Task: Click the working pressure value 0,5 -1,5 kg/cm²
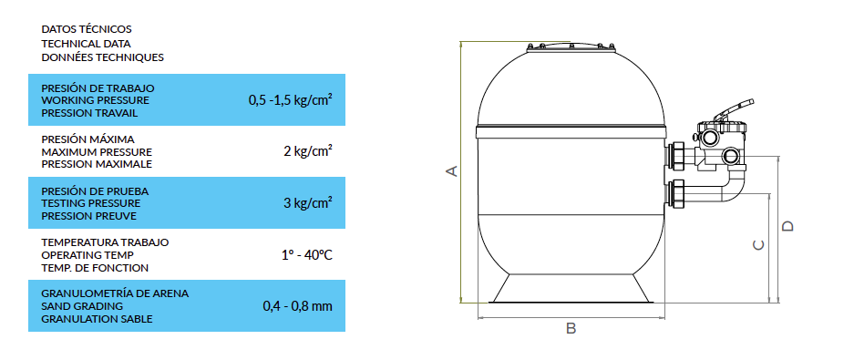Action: [x=291, y=100]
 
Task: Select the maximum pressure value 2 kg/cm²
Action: [x=308, y=151]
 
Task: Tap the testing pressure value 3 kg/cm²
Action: [x=308, y=203]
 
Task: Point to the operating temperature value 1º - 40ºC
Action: [x=307, y=254]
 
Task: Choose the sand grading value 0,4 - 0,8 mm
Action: [x=297, y=306]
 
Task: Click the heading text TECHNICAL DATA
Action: [x=86, y=44]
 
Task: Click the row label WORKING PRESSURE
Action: [x=96, y=101]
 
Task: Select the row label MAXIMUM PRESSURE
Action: [x=97, y=152]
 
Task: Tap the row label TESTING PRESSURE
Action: [x=91, y=203]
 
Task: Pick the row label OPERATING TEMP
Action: [x=87, y=255]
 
